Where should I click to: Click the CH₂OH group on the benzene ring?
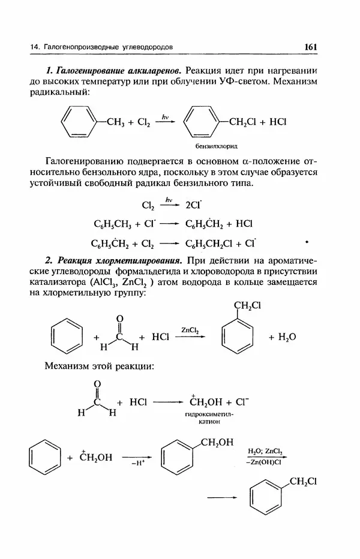click(216, 443)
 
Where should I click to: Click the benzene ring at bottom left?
click(45, 458)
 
